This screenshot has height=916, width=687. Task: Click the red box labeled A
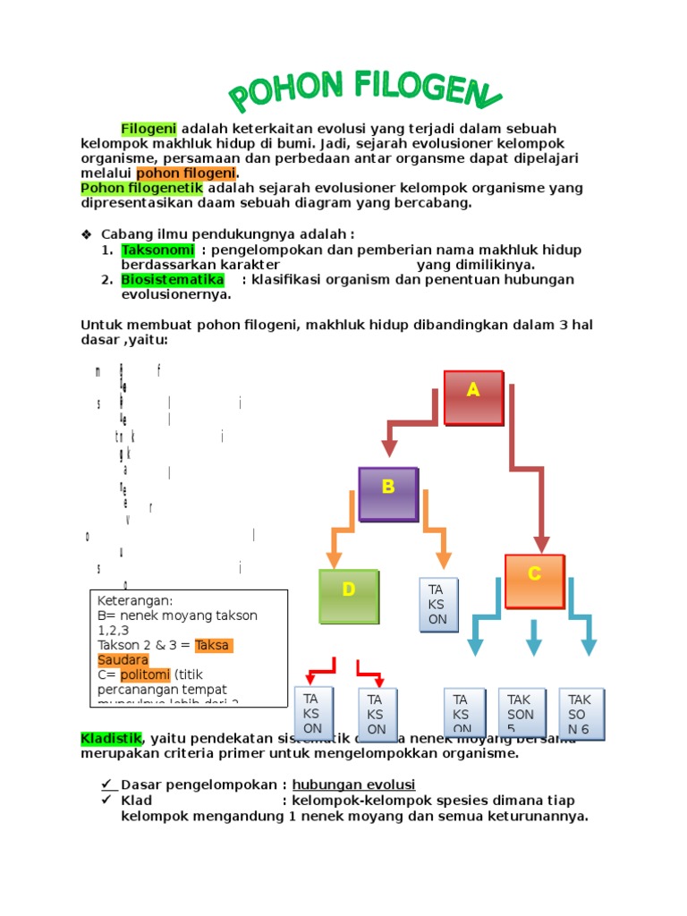coord(473,396)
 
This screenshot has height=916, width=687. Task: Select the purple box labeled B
coord(388,493)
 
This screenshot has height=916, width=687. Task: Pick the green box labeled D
coord(349,596)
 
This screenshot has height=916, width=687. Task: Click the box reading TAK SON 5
coord(520,714)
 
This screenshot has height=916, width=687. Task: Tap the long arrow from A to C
coord(528,465)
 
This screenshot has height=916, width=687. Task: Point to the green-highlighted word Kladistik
coord(110,739)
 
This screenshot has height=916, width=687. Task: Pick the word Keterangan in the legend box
coord(134,601)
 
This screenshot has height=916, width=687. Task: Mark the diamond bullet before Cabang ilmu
coord(87,234)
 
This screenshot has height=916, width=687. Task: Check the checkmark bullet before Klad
coord(106,800)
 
